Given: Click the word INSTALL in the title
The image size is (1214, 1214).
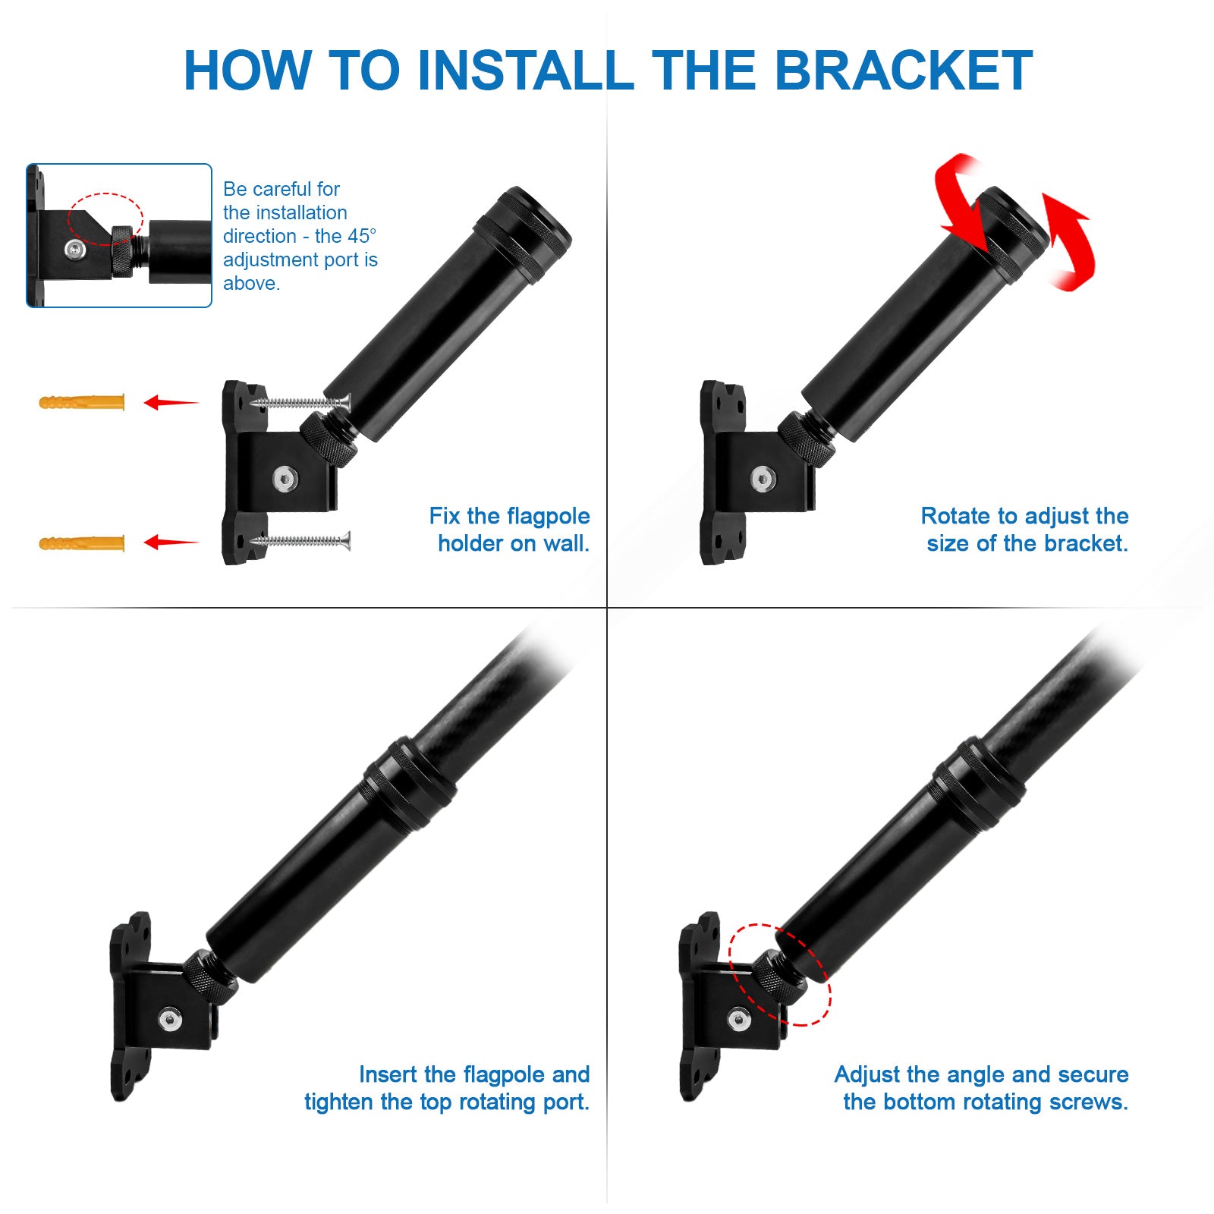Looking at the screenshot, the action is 525,71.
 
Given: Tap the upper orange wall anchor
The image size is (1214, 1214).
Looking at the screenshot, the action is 82,402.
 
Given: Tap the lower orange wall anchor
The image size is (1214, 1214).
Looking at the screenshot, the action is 82,543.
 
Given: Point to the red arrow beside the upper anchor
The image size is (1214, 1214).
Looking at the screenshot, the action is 171,402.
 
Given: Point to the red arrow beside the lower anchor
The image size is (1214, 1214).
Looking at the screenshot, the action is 171,542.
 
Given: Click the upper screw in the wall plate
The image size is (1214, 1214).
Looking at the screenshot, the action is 301,401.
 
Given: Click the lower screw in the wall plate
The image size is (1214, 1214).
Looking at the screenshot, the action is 301,541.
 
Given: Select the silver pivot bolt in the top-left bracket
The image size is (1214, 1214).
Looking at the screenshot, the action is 285,479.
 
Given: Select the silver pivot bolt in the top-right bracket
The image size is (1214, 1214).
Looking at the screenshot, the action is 763,479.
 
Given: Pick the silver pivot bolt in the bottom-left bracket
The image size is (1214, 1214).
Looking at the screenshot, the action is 171,1020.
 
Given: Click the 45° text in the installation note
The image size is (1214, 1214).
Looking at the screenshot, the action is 362,236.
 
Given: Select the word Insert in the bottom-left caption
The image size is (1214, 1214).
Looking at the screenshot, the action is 388,1074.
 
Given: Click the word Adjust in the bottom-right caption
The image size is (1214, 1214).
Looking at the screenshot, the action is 867,1075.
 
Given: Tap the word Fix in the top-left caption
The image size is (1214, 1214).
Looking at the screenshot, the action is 445,516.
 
